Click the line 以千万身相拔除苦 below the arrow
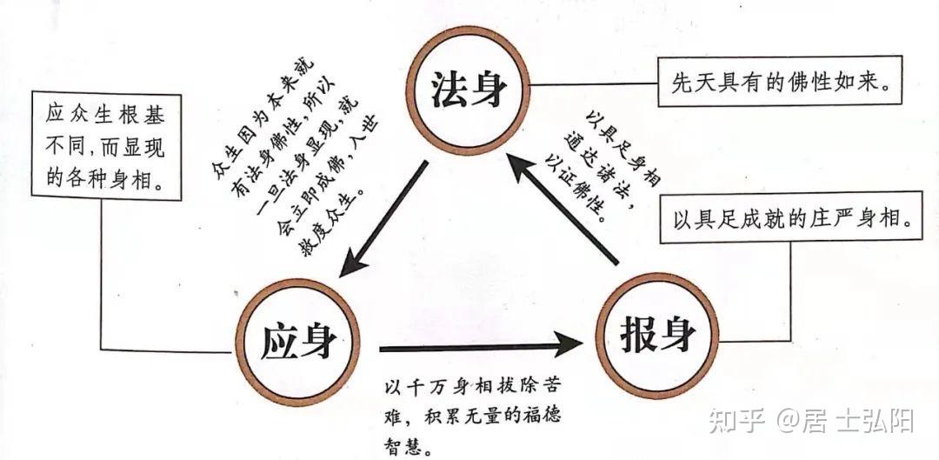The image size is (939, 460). [x=478, y=388]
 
